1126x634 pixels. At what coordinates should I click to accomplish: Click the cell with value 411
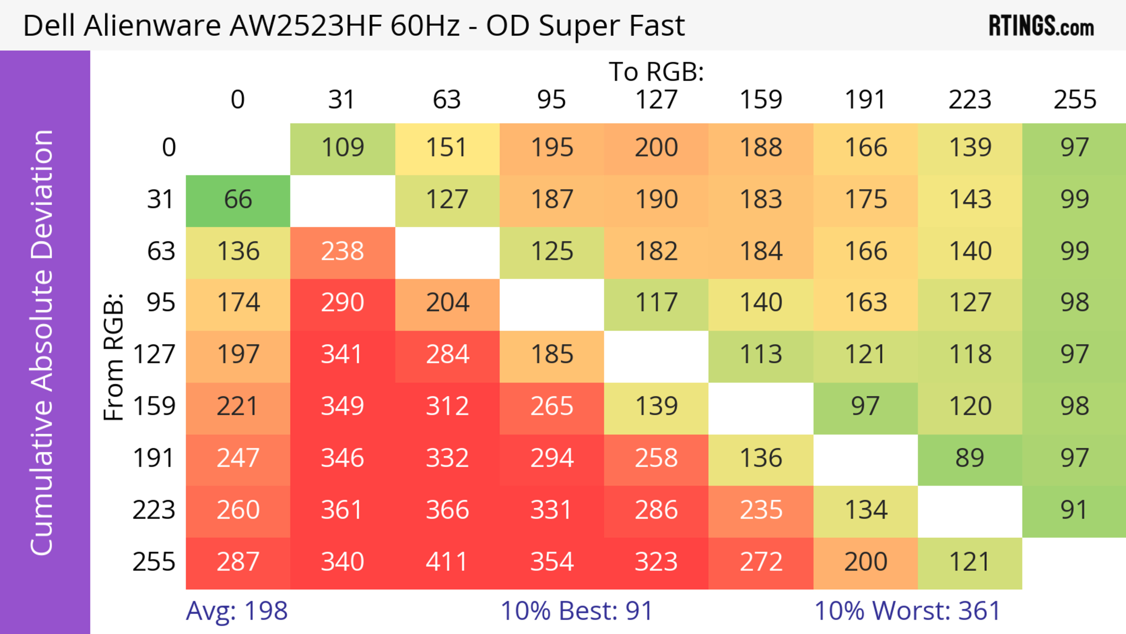pyautogui.click(x=447, y=562)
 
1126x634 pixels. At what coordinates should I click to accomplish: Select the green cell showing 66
pyautogui.click(x=238, y=200)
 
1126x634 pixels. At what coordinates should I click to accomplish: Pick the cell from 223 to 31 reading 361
pyautogui.click(x=342, y=510)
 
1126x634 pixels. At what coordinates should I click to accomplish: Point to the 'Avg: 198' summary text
pyautogui.click(x=236, y=611)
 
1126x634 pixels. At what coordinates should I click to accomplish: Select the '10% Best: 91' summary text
pyautogui.click(x=576, y=611)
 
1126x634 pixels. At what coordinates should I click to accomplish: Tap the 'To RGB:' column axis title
pyautogui.click(x=656, y=71)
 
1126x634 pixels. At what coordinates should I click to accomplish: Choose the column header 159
pyautogui.click(x=761, y=100)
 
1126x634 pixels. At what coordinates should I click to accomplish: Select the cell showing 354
pyautogui.click(x=552, y=562)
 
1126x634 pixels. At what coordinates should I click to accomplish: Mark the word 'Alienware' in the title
pyautogui.click(x=152, y=26)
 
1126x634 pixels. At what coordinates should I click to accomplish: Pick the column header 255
pyautogui.click(x=1074, y=100)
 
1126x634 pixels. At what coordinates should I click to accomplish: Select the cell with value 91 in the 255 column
pyautogui.click(x=1074, y=510)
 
